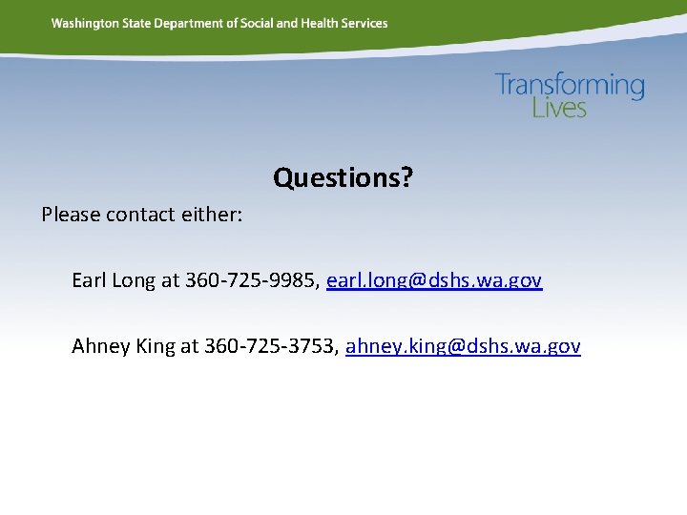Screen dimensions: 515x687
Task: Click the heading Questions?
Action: tap(343, 177)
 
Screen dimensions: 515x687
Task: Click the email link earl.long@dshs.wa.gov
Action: tap(434, 280)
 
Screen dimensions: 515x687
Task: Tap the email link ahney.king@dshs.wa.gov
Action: tap(463, 346)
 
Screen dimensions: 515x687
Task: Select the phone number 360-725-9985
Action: tap(250, 280)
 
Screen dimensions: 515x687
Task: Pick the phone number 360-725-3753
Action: tap(269, 346)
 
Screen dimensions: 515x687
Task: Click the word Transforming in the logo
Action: tap(570, 86)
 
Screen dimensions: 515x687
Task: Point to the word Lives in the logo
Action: tap(559, 108)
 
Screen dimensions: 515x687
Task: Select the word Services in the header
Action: tap(365, 23)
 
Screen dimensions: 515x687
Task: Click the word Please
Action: tap(71, 215)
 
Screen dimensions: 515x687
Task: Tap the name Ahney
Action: tap(101, 346)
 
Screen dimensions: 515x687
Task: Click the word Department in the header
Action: tap(191, 23)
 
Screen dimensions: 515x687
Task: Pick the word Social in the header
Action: tap(255, 23)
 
